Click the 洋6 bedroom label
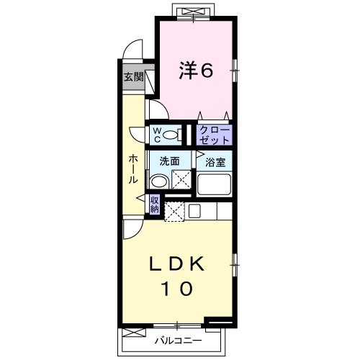pyautogui.click(x=196, y=71)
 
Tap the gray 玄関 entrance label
pyautogui.click(x=132, y=77)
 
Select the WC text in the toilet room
pyautogui.click(x=155, y=134)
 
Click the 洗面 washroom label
pyautogui.click(x=169, y=162)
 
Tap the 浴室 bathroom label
pyautogui.click(x=215, y=163)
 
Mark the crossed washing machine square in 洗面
pyautogui.click(x=181, y=181)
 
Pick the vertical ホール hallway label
pyautogui.click(x=134, y=168)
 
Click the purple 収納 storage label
pyautogui.click(x=155, y=204)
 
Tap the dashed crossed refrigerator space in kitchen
pyautogui.click(x=175, y=212)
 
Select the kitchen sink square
pyautogui.click(x=194, y=212)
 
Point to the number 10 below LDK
pyautogui.click(x=176, y=289)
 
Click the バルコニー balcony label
pyautogui.click(x=177, y=338)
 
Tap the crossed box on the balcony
pyautogui.click(x=133, y=333)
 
